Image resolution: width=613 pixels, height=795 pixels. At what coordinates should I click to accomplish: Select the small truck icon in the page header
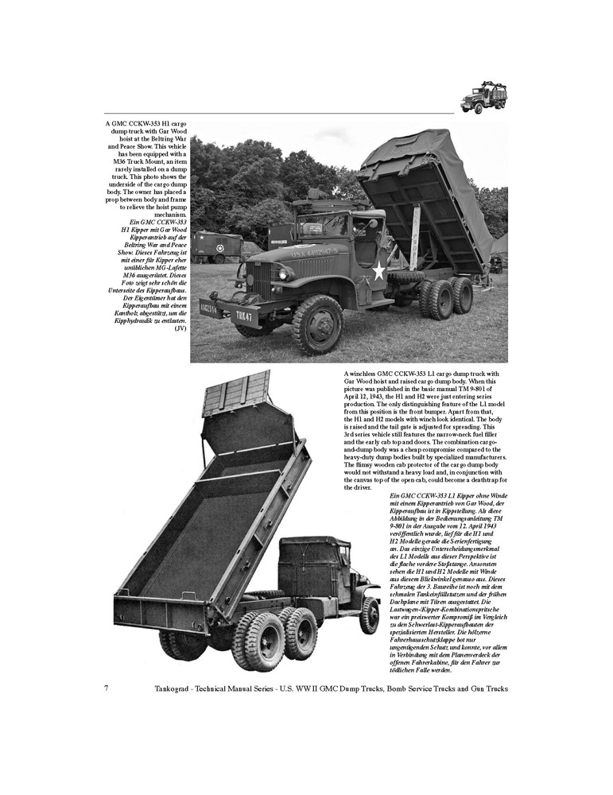point(484,97)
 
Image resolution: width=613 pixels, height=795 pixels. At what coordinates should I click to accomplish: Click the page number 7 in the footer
point(107,687)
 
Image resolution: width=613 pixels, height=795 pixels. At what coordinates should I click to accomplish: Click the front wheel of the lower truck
point(368,615)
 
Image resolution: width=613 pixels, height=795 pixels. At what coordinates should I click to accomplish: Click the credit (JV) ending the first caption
point(181,329)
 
